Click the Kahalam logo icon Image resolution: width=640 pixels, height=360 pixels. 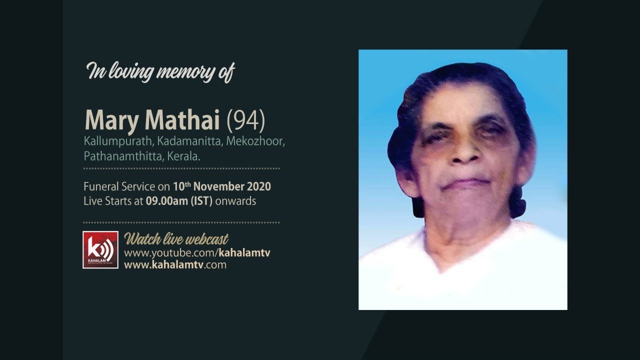(100, 249)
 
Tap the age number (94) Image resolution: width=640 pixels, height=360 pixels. (245, 120)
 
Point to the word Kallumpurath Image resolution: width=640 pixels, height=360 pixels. (110, 142)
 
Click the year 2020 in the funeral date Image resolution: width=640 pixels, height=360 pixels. (258, 187)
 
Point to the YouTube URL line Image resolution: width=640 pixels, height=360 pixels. (197, 252)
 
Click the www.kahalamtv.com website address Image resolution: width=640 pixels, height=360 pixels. (175, 265)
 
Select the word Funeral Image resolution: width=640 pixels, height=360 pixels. (101, 187)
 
